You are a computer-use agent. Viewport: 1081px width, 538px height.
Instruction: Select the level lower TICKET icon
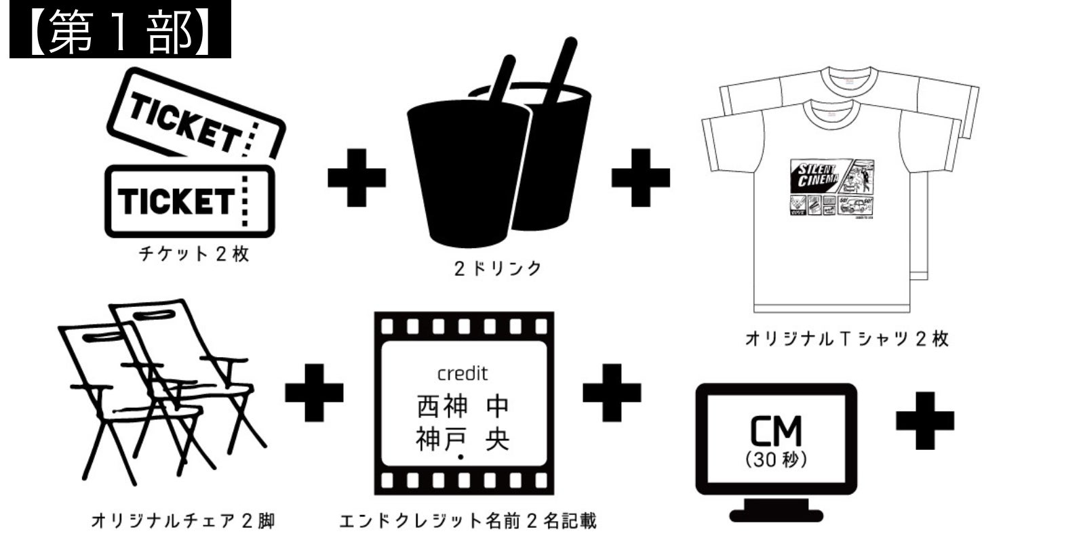(x=189, y=201)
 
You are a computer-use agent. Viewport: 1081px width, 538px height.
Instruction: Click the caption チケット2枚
(x=194, y=254)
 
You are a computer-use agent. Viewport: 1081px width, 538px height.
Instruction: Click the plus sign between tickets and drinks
(x=357, y=178)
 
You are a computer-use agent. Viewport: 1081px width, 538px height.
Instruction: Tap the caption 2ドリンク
(x=498, y=268)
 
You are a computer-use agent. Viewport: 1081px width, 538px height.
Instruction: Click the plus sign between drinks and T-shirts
(x=640, y=178)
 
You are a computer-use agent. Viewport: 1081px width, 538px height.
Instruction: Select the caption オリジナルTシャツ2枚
(x=847, y=339)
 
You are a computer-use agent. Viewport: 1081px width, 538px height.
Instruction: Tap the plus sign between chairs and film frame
(x=314, y=393)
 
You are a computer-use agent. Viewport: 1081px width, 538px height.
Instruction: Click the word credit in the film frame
(x=463, y=373)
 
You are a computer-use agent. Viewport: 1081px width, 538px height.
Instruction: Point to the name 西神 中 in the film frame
(x=463, y=407)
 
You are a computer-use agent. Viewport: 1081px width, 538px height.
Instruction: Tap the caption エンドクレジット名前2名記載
(x=468, y=521)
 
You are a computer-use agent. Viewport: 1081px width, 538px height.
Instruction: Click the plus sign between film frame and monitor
(x=611, y=393)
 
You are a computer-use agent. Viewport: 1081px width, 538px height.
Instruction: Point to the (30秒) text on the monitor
(x=776, y=460)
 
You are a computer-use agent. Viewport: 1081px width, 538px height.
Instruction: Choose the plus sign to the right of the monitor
(x=924, y=421)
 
